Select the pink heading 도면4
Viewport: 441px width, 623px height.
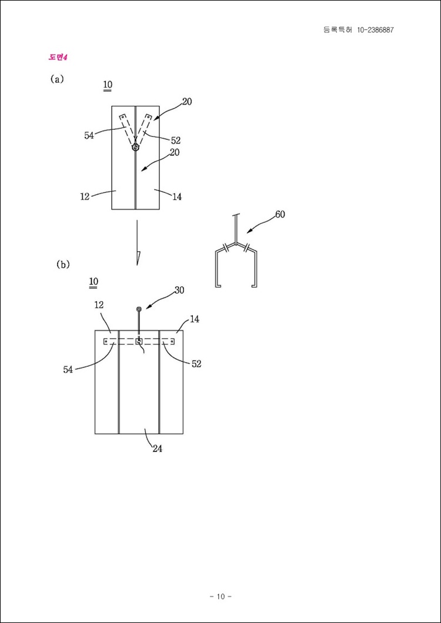click(x=58, y=57)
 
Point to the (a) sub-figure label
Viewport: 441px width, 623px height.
click(x=57, y=79)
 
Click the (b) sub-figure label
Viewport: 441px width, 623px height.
click(x=64, y=264)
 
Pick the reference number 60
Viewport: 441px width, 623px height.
click(x=280, y=215)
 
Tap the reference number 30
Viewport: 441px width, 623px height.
click(x=179, y=290)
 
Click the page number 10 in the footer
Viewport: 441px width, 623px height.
click(x=220, y=596)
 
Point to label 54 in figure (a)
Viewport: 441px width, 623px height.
click(x=89, y=136)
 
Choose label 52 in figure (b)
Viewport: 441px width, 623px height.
click(x=196, y=364)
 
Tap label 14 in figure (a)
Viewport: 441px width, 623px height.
click(x=177, y=197)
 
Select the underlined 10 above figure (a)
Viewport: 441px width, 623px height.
click(x=108, y=85)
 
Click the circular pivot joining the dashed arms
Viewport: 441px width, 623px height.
click(x=136, y=147)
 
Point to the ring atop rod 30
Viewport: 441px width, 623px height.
click(x=139, y=309)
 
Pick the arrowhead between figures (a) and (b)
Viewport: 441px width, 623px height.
click(x=137, y=258)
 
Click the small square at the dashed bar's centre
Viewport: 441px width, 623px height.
click(x=139, y=341)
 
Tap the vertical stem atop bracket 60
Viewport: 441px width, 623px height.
click(x=236, y=228)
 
